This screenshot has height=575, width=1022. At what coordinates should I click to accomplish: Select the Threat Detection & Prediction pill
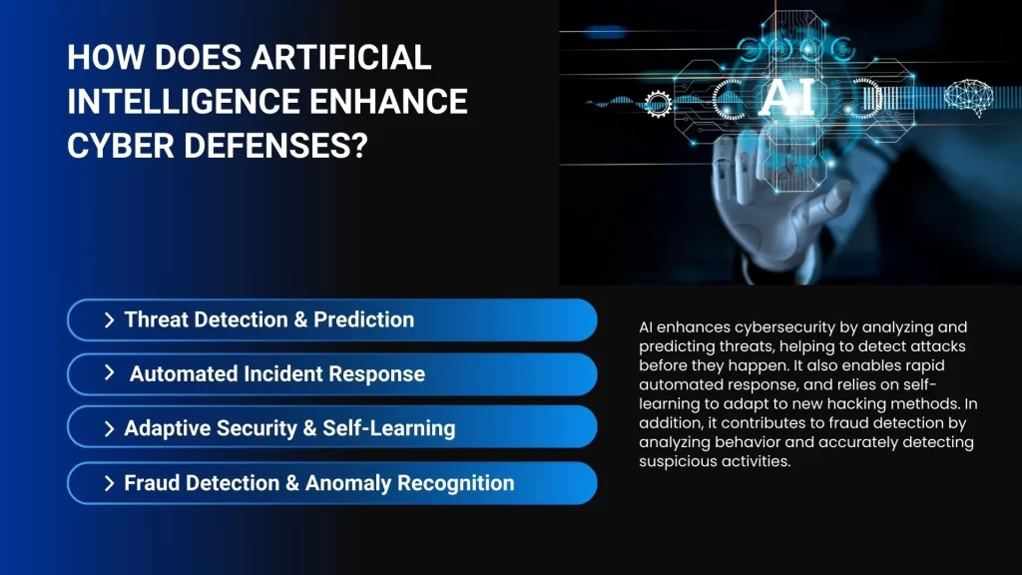[x=331, y=320]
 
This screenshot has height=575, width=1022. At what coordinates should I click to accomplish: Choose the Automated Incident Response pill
[x=331, y=374]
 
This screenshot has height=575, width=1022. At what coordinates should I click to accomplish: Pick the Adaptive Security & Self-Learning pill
[x=331, y=428]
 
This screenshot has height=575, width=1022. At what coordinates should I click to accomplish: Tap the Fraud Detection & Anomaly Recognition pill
[x=331, y=483]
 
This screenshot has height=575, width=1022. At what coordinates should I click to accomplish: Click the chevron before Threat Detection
[x=109, y=320]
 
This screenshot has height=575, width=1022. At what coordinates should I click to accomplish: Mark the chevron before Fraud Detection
[x=109, y=483]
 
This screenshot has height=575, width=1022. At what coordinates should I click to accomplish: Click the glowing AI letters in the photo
[x=787, y=98]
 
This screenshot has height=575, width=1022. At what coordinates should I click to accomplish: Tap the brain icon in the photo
[x=971, y=98]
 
